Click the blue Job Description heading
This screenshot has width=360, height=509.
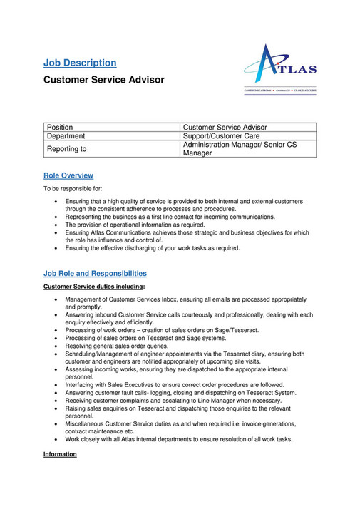tap(80, 63)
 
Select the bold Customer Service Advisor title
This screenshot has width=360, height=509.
tap(104, 80)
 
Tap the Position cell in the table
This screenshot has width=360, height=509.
tap(60, 128)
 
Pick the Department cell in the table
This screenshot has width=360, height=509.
tap(66, 136)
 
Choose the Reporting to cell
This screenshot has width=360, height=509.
tap(67, 149)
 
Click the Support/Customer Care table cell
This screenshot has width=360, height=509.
tap(221, 136)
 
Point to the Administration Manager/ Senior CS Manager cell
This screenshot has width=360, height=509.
tap(240, 149)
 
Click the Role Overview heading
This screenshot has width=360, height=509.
tap(68, 175)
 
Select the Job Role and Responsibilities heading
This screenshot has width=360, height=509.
tap(95, 273)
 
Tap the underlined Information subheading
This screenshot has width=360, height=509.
tap(61, 455)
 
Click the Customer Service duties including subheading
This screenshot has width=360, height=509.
tap(93, 287)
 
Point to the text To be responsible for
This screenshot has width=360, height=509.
tap(73, 190)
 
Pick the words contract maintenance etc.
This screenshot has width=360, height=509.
tap(100, 431)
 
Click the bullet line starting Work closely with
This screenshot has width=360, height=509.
tap(178, 439)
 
